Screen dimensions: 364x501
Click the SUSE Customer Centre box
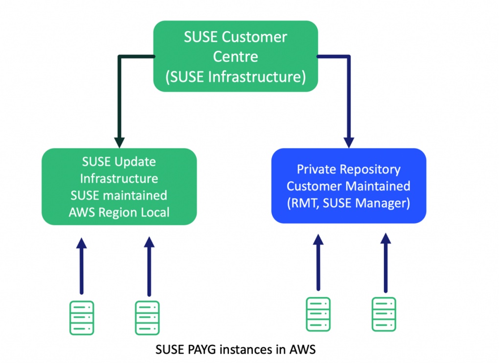pyautogui.click(x=235, y=57)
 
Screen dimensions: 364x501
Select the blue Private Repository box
pyautogui.click(x=348, y=186)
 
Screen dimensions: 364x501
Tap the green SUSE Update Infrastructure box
pyautogui.click(x=119, y=187)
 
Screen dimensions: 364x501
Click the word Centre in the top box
pyautogui.click(x=235, y=56)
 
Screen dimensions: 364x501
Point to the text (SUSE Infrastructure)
pyautogui.click(x=235, y=77)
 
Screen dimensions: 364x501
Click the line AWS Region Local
pyautogui.click(x=119, y=212)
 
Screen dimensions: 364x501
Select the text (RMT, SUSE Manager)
pyautogui.click(x=348, y=202)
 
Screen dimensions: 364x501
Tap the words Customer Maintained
pyautogui.click(x=348, y=186)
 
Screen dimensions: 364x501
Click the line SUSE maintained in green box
pyautogui.click(x=119, y=195)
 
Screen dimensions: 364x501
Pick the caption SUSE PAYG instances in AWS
pyautogui.click(x=235, y=350)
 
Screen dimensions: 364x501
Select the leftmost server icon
pyautogui.click(x=81, y=317)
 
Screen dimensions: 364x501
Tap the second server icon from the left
pyautogui.click(x=147, y=317)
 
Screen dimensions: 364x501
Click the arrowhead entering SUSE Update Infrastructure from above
pyautogui.click(x=119, y=142)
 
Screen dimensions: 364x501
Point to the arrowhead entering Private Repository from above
pyautogui.click(x=348, y=142)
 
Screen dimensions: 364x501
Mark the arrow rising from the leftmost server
pyautogui.click(x=81, y=267)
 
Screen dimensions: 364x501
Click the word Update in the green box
pyautogui.click(x=134, y=161)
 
